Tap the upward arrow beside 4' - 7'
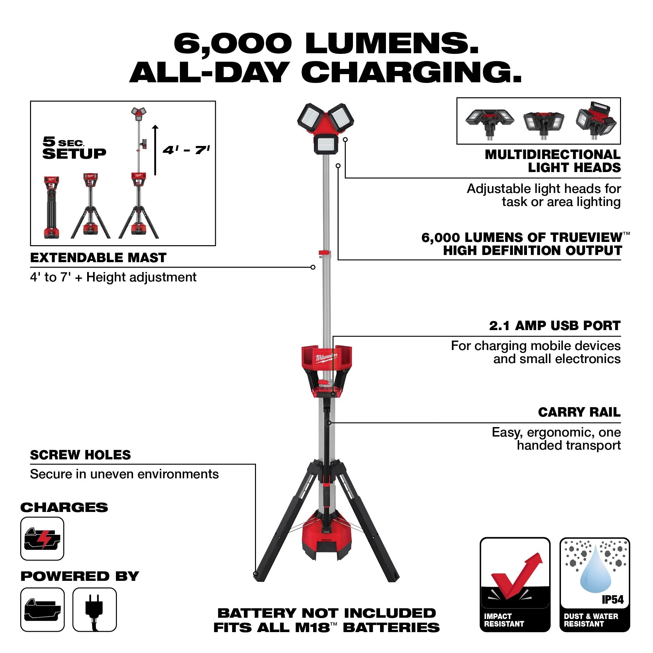point(155,150)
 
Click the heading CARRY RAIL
point(579,412)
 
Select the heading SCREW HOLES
point(80,455)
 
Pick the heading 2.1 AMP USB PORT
point(555,326)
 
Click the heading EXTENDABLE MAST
point(98,258)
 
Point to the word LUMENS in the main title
point(392,44)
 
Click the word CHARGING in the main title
point(411,72)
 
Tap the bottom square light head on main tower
point(326,144)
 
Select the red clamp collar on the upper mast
point(325,252)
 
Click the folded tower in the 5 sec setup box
point(51,207)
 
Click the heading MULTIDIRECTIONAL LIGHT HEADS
point(553,161)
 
